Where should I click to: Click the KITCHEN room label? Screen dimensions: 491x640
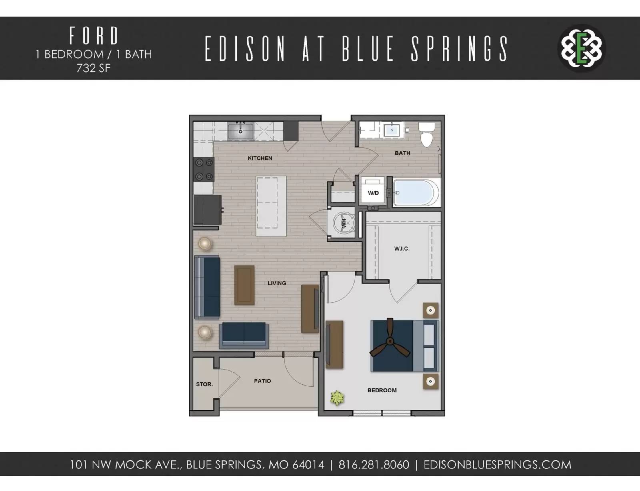pos(260,158)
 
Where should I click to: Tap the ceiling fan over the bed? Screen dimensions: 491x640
pos(390,341)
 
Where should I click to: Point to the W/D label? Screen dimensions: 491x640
pos(373,193)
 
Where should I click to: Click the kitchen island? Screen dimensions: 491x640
pos(271,206)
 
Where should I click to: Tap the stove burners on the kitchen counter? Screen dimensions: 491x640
pos(204,170)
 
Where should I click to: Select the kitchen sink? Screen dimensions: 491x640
pos(240,131)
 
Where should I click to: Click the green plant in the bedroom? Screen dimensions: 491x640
pos(337,398)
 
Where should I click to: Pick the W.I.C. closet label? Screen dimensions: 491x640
pos(402,249)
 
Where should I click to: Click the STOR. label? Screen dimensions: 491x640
pos(204,384)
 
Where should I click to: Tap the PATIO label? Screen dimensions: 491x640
pos(262,381)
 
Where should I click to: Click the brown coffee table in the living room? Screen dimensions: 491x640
pos(244,285)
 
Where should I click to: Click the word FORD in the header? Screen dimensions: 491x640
pos(94,36)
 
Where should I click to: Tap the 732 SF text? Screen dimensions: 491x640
pos(94,68)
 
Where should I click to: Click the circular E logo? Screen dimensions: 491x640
pos(581,48)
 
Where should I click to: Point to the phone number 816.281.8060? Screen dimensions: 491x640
pos(374,465)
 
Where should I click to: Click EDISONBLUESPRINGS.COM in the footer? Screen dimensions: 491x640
pos(497,465)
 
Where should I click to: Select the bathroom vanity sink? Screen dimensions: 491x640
pos(391,130)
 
